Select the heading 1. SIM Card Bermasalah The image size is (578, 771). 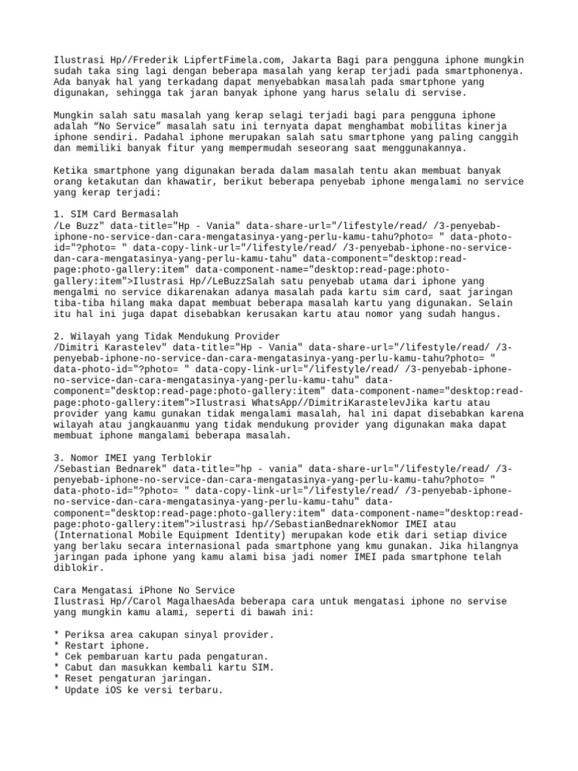click(117, 215)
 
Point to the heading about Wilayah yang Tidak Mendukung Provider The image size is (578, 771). click(167, 336)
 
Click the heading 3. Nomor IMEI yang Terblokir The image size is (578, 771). click(132, 457)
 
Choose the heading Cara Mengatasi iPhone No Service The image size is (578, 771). click(144, 590)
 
